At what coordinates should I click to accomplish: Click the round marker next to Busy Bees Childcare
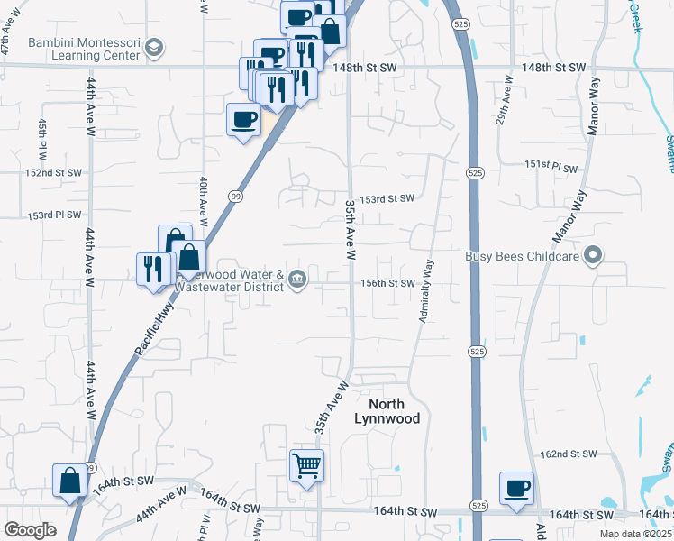pyautogui.click(x=592, y=257)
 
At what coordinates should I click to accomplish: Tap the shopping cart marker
pyautogui.click(x=306, y=466)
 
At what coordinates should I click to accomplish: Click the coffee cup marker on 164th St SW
pyautogui.click(x=516, y=489)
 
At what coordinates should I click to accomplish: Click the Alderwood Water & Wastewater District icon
pyautogui.click(x=297, y=281)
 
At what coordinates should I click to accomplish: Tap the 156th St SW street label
pyautogui.click(x=387, y=283)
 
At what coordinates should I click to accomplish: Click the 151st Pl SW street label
pyautogui.click(x=551, y=167)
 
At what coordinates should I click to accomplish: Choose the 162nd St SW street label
pyautogui.click(x=568, y=454)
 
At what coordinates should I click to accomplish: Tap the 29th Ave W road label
pyautogui.click(x=501, y=132)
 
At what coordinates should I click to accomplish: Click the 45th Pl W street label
pyautogui.click(x=41, y=139)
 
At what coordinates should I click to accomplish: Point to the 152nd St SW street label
pyautogui.click(x=53, y=172)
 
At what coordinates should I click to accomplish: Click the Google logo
pyautogui.click(x=30, y=530)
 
